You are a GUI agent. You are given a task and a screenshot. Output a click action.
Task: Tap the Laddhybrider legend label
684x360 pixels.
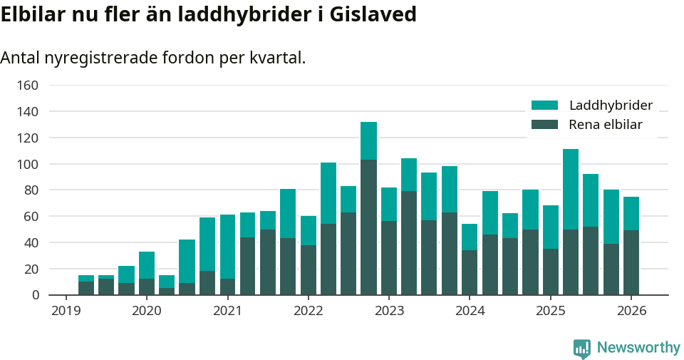pos(611,106)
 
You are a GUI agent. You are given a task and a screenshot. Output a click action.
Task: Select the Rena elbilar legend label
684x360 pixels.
pos(605,125)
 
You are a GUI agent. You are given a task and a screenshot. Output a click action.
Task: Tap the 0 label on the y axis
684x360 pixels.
pos(33,295)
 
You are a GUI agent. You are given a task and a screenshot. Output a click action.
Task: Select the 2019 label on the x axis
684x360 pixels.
pos(66,311)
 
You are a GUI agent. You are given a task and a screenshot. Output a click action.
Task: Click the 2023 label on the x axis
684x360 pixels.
pos(389,311)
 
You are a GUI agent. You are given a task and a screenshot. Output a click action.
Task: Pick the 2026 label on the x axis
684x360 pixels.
pos(631,311)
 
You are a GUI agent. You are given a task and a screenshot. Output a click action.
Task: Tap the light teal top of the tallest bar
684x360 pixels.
pos(368,140)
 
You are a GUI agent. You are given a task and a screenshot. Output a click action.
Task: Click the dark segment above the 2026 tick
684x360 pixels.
pos(631,262)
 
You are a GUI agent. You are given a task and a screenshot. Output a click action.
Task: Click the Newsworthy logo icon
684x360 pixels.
pos(581,348)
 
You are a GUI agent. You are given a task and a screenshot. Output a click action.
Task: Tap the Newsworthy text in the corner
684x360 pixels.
pos(638,348)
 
